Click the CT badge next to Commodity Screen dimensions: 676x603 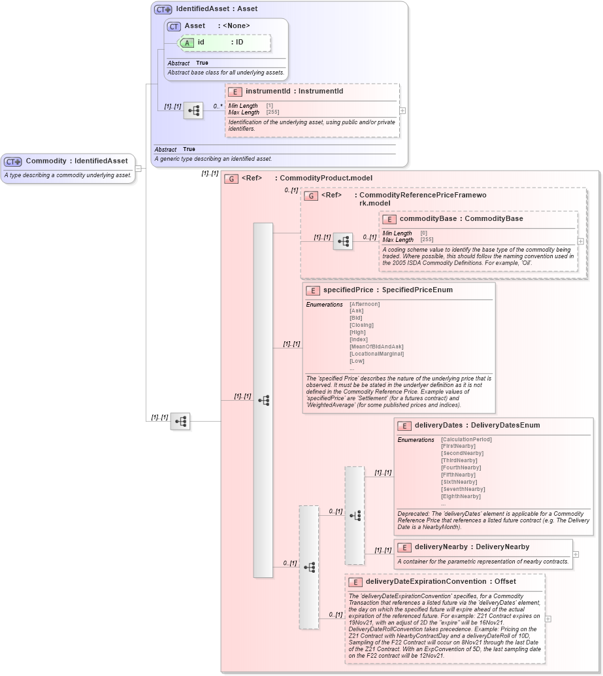pyautogui.click(x=13, y=161)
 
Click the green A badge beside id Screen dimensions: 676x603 pyautogui.click(x=187, y=42)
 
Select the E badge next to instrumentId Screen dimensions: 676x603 pyautogui.click(x=235, y=92)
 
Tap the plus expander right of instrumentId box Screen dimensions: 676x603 pyautogui.click(x=402, y=110)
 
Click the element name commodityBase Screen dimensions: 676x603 pyautogui.click(x=427, y=219)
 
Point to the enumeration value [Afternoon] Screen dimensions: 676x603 pyautogui.click(x=365, y=304)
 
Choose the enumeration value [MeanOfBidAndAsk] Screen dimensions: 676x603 pyautogui.click(x=376, y=346)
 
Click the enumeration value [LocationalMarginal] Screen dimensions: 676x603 pyautogui.click(x=376, y=354)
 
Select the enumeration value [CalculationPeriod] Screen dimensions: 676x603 pyautogui.click(x=466, y=439)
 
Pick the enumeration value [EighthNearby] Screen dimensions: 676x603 pyautogui.click(x=461, y=496)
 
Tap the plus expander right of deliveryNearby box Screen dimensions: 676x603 pyautogui.click(x=576, y=554)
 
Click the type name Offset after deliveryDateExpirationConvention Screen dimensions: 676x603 pyautogui.click(x=504, y=582)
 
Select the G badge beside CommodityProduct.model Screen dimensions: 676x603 pyautogui.click(x=231, y=178)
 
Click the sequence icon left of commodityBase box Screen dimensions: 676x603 pyautogui.click(x=343, y=241)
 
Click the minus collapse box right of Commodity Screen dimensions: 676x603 pyautogui.click(x=138, y=169)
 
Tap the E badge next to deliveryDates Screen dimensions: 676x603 pyautogui.click(x=404, y=426)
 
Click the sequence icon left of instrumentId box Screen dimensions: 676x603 pyautogui.click(x=193, y=110)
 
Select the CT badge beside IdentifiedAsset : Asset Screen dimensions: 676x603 pyautogui.click(x=163, y=9)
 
